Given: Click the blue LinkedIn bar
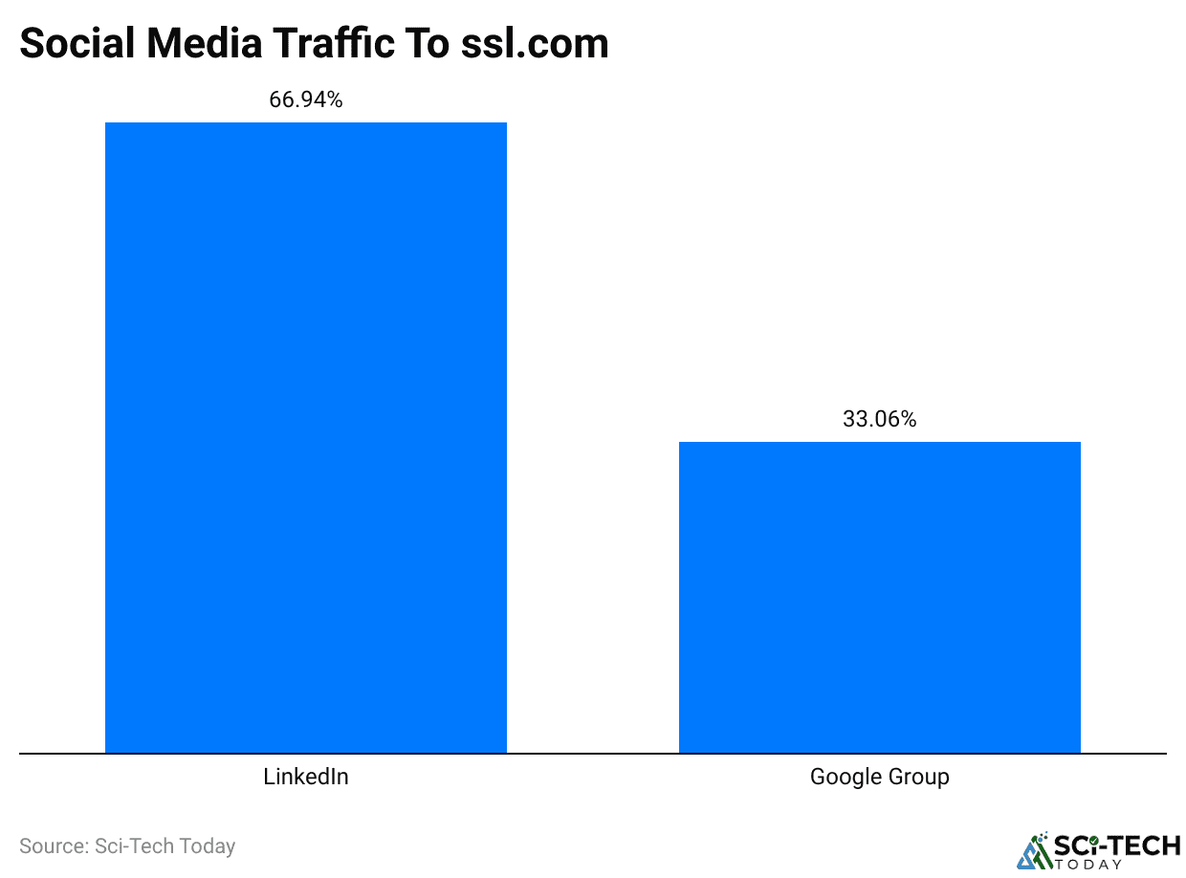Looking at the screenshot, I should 306,437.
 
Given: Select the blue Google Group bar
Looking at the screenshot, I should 880,597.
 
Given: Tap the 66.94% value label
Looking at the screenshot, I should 306,99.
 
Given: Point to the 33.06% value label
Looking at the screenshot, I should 880,419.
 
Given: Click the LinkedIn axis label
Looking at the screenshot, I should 306,777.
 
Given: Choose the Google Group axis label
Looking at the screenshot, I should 880,777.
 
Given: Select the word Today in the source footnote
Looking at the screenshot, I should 204,846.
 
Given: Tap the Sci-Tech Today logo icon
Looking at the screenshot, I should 1033,850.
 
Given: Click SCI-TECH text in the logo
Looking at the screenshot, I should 1116,845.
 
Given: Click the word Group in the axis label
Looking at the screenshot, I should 920,777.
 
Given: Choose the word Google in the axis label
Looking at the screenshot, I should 845,777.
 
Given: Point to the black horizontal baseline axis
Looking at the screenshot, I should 593,754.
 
